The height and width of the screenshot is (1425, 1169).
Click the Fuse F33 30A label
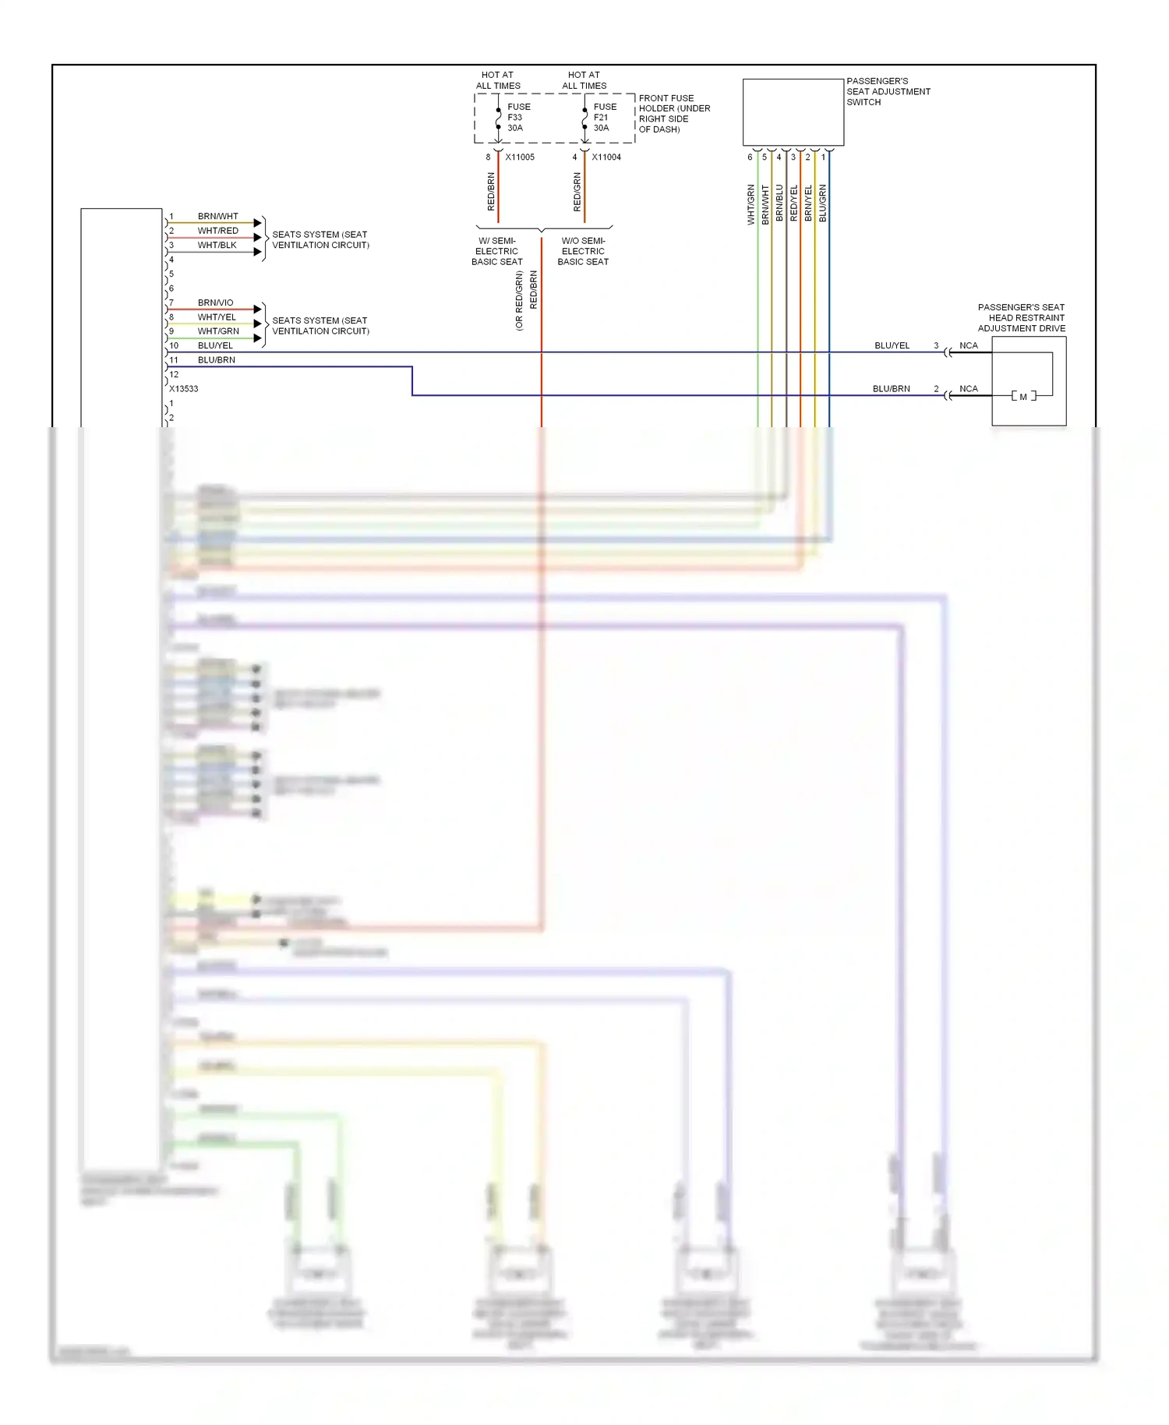pyautogui.click(x=517, y=118)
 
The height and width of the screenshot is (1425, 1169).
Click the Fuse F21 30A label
pyautogui.click(x=604, y=118)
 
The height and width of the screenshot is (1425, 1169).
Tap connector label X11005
pyautogui.click(x=520, y=157)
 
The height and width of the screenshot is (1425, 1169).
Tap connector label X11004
pyautogui.click(x=606, y=157)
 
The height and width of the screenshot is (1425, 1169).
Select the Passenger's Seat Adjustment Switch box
pyautogui.click(x=793, y=112)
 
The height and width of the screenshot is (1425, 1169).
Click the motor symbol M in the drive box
pyautogui.click(x=1023, y=397)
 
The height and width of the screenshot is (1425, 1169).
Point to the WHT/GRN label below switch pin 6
pyautogui.click(x=751, y=205)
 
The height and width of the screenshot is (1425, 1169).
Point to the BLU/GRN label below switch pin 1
pyautogui.click(x=823, y=203)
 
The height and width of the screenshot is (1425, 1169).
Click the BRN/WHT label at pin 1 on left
pyautogui.click(x=217, y=217)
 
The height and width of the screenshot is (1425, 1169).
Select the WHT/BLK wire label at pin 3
pyautogui.click(x=217, y=246)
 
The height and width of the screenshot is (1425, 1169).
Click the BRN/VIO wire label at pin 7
pyautogui.click(x=215, y=303)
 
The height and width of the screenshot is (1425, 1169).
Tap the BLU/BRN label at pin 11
pyautogui.click(x=216, y=360)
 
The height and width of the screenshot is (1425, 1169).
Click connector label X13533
pyautogui.click(x=184, y=389)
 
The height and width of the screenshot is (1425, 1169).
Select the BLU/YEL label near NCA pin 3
pyautogui.click(x=892, y=346)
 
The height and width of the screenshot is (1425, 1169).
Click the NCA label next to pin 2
pyautogui.click(x=968, y=389)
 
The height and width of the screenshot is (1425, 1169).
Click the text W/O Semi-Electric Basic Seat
pyautogui.click(x=583, y=252)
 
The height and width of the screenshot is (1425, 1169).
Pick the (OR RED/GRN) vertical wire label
pyautogui.click(x=519, y=301)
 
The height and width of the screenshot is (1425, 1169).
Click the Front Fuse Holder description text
pyautogui.click(x=673, y=115)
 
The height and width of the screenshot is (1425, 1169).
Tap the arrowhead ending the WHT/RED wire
pyautogui.click(x=257, y=238)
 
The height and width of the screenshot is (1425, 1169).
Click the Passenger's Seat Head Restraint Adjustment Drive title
pyautogui.click(x=1021, y=318)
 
